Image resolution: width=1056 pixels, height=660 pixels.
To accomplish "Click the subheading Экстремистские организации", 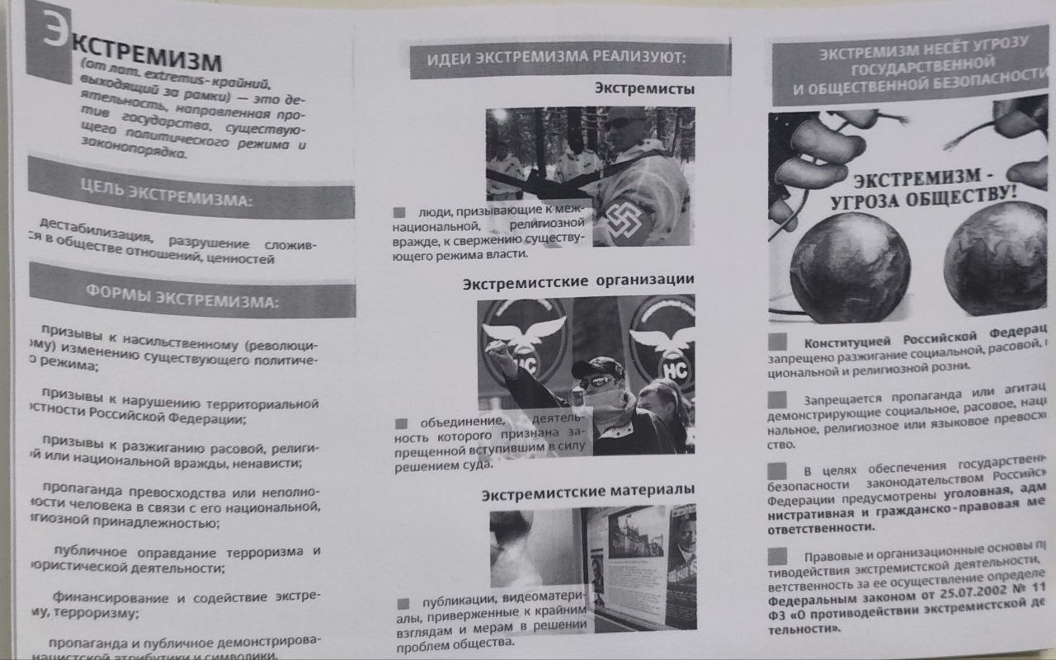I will coord(577,281).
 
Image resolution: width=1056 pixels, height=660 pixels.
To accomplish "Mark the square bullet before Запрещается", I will coord(777,400).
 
